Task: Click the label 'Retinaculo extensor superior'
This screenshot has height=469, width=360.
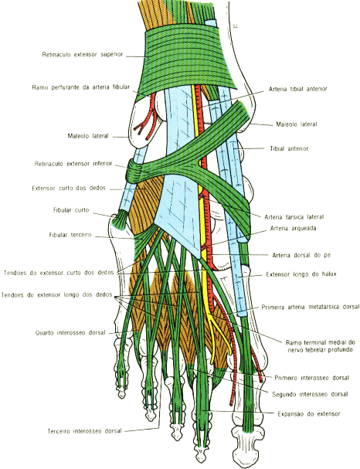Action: (x=83, y=54)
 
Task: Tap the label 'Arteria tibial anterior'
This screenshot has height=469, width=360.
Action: (x=297, y=89)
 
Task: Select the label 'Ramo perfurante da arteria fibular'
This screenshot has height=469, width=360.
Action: (x=81, y=87)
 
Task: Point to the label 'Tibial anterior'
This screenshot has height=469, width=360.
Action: (x=289, y=148)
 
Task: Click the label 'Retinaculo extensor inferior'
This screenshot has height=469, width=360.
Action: (x=73, y=164)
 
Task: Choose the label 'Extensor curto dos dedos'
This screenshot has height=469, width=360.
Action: (x=69, y=188)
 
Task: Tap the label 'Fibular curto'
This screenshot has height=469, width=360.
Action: (x=71, y=210)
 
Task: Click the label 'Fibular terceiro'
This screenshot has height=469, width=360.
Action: (x=70, y=235)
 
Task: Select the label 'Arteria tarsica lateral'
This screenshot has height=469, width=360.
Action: (x=294, y=217)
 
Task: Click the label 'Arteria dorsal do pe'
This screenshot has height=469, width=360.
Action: (x=301, y=255)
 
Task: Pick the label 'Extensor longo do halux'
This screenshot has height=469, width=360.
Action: (x=301, y=274)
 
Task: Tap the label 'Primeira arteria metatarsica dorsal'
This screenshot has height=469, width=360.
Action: (x=311, y=308)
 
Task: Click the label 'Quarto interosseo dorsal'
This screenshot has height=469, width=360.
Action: (x=70, y=332)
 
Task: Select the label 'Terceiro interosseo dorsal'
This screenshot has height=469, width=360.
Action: (x=85, y=431)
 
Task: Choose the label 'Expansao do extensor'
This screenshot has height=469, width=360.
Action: (x=309, y=414)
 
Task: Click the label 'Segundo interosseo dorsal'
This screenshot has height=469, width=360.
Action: (x=310, y=394)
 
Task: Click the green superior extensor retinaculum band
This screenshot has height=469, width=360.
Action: (x=187, y=59)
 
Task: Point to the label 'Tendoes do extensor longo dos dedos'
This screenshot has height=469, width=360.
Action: (x=56, y=295)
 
